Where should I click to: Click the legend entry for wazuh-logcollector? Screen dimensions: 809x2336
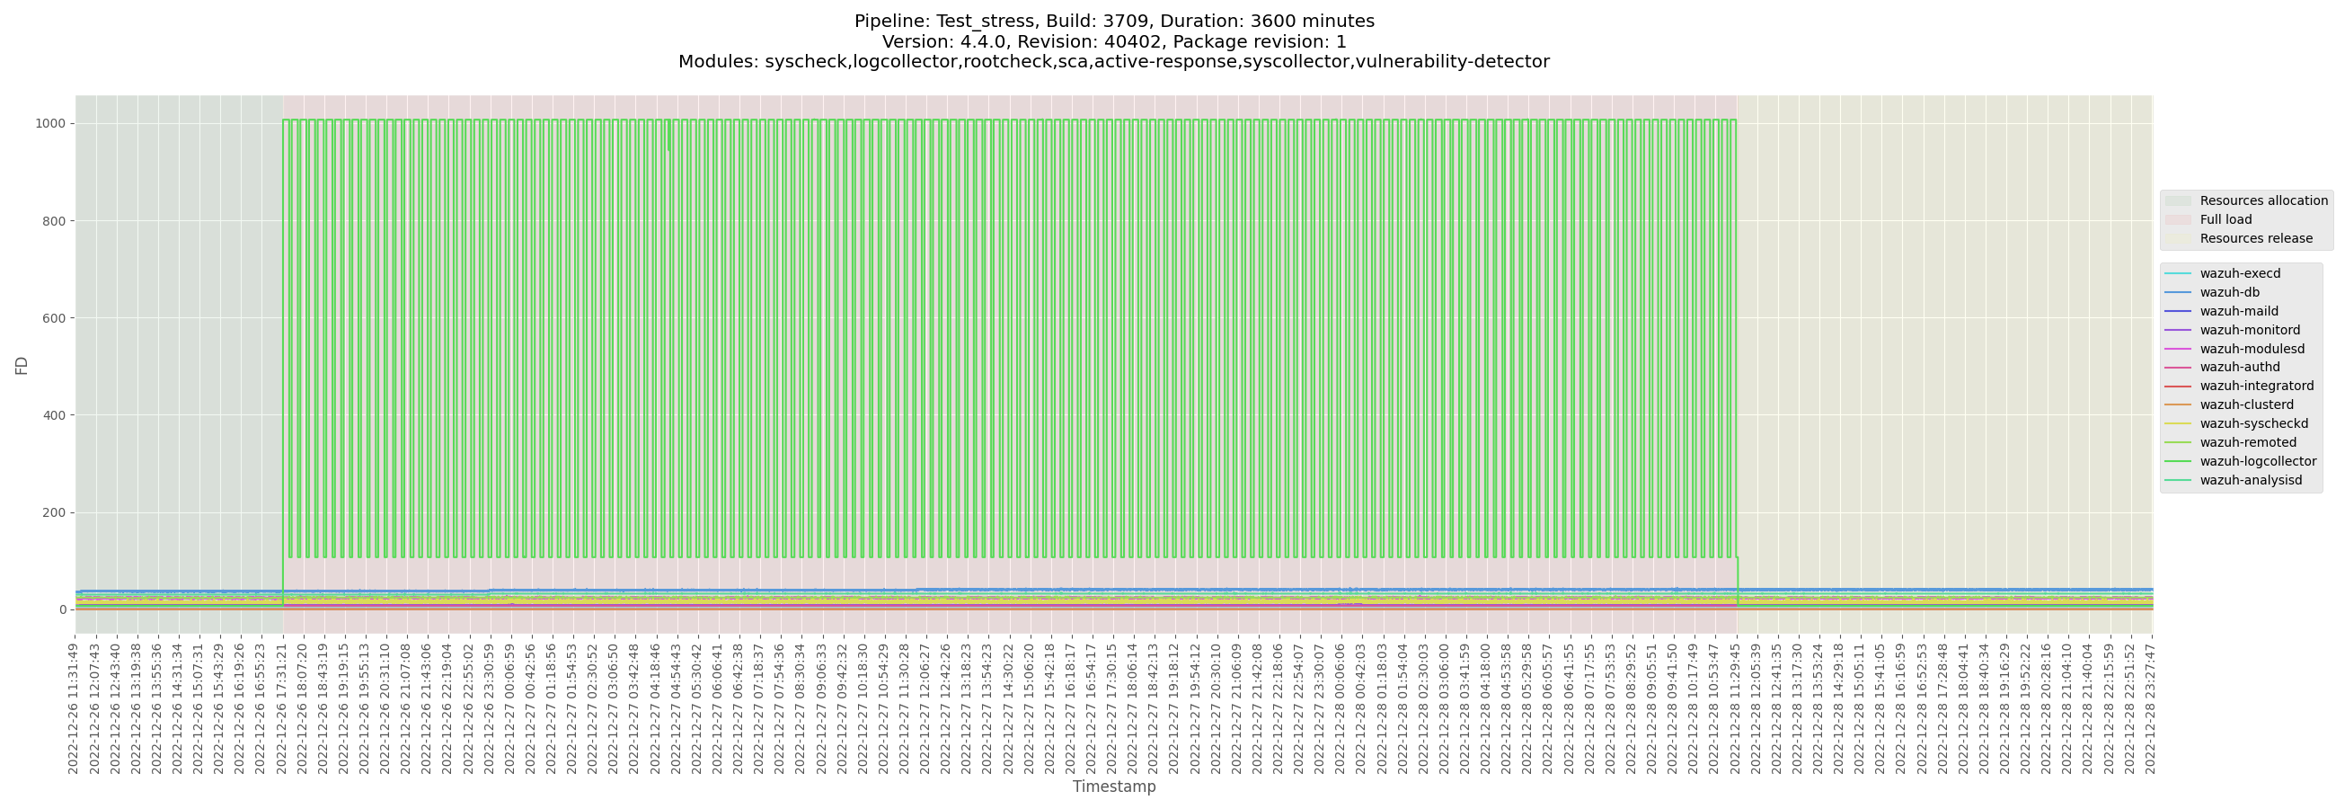pos(2257,462)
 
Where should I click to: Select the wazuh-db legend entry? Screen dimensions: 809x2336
pos(2229,292)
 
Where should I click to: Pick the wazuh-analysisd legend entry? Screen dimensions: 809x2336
pos(2250,481)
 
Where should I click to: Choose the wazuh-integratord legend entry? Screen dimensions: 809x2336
pos(2256,387)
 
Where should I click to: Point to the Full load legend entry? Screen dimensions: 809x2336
pos(2225,219)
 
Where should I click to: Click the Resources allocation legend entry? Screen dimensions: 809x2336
pos(2262,200)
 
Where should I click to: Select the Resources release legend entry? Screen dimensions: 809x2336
pos(2255,238)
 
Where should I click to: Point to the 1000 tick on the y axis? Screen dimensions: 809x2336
pos(51,123)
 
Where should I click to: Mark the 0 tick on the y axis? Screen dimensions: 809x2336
pos(63,609)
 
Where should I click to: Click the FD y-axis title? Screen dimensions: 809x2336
pos(22,365)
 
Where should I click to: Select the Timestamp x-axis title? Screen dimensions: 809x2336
pos(1113,787)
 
